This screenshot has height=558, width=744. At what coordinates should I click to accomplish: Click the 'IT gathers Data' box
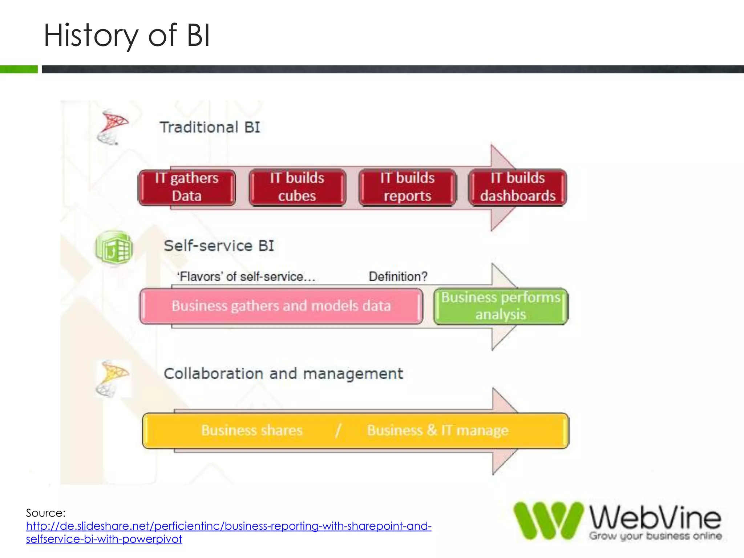click(x=187, y=187)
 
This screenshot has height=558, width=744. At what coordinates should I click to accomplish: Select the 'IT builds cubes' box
click(x=297, y=187)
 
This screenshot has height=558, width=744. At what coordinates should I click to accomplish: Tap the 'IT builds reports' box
click(x=407, y=187)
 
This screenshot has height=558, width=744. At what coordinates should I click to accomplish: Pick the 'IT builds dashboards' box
click(x=518, y=187)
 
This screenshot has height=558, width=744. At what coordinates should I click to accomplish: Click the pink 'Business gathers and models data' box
click(x=281, y=306)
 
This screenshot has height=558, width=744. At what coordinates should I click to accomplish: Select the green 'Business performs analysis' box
click(x=501, y=306)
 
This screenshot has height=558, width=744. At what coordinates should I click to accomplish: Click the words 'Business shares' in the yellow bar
click(x=252, y=430)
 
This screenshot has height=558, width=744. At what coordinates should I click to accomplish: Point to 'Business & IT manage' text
click(x=438, y=430)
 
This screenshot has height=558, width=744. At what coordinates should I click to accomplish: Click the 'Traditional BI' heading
click(x=210, y=128)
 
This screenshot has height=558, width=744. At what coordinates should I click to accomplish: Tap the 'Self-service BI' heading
click(x=219, y=246)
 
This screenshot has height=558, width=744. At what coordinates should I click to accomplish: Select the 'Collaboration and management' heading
click(x=283, y=374)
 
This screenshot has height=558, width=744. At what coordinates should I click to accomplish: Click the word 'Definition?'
click(x=398, y=277)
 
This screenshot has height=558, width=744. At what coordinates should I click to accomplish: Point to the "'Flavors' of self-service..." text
click(x=246, y=277)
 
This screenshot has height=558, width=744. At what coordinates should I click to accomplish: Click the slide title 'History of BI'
click(x=127, y=35)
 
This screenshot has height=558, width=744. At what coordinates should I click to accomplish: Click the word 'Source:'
click(x=46, y=513)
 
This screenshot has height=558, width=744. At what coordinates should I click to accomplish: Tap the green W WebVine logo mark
click(x=548, y=520)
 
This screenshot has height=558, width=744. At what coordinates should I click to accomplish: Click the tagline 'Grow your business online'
click(x=655, y=536)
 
